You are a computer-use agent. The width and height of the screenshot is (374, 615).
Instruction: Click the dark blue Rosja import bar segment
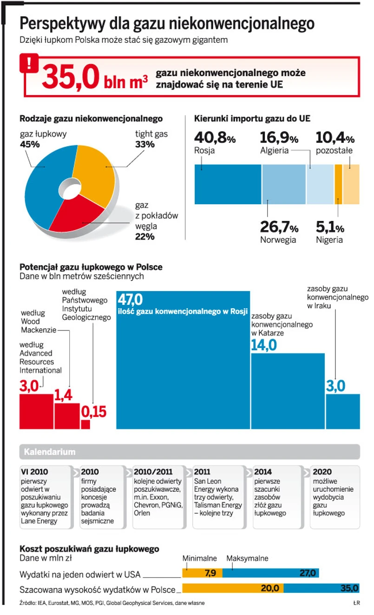(x=228, y=184)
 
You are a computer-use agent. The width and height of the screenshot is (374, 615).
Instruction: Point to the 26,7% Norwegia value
(x=279, y=227)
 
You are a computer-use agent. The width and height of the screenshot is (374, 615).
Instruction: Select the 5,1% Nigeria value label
(x=330, y=227)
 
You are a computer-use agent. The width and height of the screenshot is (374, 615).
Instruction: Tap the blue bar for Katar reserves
(x=288, y=390)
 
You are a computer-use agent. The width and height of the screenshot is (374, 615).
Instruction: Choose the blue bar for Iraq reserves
(x=343, y=411)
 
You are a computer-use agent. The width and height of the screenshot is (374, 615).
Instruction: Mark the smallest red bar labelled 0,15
(x=85, y=424)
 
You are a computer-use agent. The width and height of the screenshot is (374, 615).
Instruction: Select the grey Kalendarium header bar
(x=190, y=452)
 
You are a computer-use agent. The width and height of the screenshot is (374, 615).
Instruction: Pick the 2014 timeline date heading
(x=264, y=472)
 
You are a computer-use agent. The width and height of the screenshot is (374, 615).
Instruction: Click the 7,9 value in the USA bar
(x=210, y=573)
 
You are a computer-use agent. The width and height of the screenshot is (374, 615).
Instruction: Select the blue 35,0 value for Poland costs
(x=349, y=588)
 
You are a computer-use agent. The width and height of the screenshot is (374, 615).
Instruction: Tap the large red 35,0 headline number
(x=70, y=76)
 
